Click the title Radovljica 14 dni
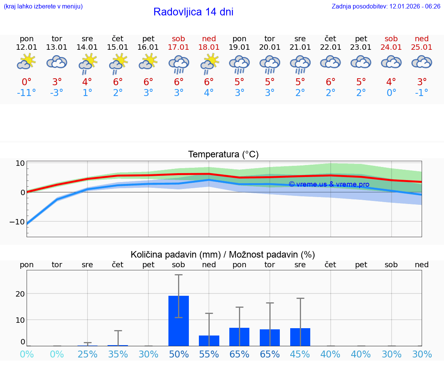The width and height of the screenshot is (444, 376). [193, 12]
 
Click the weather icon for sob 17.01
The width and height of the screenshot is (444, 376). [178, 63]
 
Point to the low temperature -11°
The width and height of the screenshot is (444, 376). [26, 93]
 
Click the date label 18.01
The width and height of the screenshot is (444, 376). [209, 47]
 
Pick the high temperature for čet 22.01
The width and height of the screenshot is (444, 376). [330, 82]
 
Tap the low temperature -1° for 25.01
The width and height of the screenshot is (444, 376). [422, 93]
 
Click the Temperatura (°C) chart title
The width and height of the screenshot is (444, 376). [223, 155]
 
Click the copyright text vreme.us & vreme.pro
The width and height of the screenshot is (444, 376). [329, 184]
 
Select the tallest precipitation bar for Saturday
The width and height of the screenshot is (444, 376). [178, 321]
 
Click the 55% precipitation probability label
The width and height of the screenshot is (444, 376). [209, 354]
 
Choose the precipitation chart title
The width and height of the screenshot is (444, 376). [223, 255]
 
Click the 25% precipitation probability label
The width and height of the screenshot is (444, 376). [87, 354]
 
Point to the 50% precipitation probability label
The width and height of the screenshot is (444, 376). [178, 354]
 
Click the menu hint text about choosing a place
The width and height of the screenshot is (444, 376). [43, 7]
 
